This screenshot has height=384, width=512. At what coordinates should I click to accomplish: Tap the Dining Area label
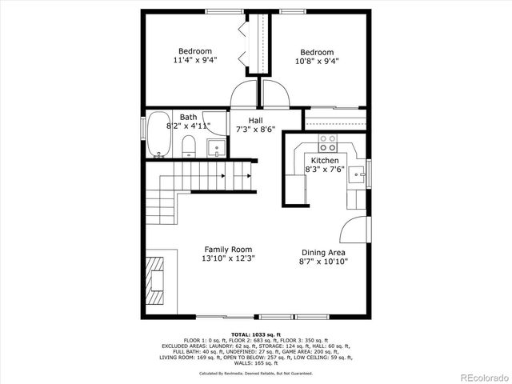[323, 252]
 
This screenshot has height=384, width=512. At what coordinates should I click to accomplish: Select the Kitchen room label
[325, 161]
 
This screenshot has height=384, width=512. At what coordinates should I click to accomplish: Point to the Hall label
[255, 121]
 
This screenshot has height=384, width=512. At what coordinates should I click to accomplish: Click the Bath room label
[188, 117]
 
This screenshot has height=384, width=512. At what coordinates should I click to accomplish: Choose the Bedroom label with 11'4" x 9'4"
[195, 51]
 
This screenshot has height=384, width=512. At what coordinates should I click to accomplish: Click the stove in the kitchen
[327, 143]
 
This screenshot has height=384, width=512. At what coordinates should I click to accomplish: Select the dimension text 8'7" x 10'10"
[323, 262]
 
